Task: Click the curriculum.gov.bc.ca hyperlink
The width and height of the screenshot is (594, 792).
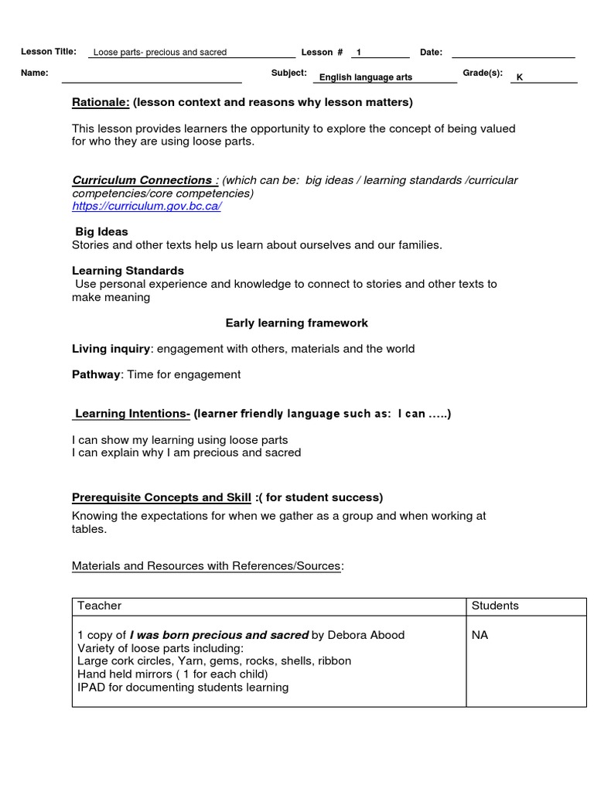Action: [x=147, y=207]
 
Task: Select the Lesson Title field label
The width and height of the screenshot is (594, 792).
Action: [x=49, y=52]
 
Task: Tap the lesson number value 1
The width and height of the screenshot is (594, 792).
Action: [x=359, y=53]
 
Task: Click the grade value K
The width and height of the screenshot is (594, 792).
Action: [x=520, y=77]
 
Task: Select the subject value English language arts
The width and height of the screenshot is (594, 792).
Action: [x=366, y=77]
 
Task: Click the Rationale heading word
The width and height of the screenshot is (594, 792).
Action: [x=101, y=102]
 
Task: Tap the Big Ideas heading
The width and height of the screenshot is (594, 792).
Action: [x=101, y=232]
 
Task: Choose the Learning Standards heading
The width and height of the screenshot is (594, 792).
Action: [x=128, y=271]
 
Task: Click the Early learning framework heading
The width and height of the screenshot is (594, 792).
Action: [x=297, y=323]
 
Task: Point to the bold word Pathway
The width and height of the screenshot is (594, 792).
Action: [x=96, y=374]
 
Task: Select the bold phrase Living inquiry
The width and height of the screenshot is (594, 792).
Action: [x=111, y=349]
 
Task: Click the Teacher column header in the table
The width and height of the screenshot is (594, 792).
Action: [x=100, y=606]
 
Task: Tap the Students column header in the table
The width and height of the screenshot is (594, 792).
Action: [x=495, y=606]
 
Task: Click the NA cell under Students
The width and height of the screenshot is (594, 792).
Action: [x=480, y=635]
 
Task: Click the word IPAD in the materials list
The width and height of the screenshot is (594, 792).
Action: [x=92, y=687]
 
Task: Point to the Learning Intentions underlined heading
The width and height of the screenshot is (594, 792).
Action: [x=131, y=414]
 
